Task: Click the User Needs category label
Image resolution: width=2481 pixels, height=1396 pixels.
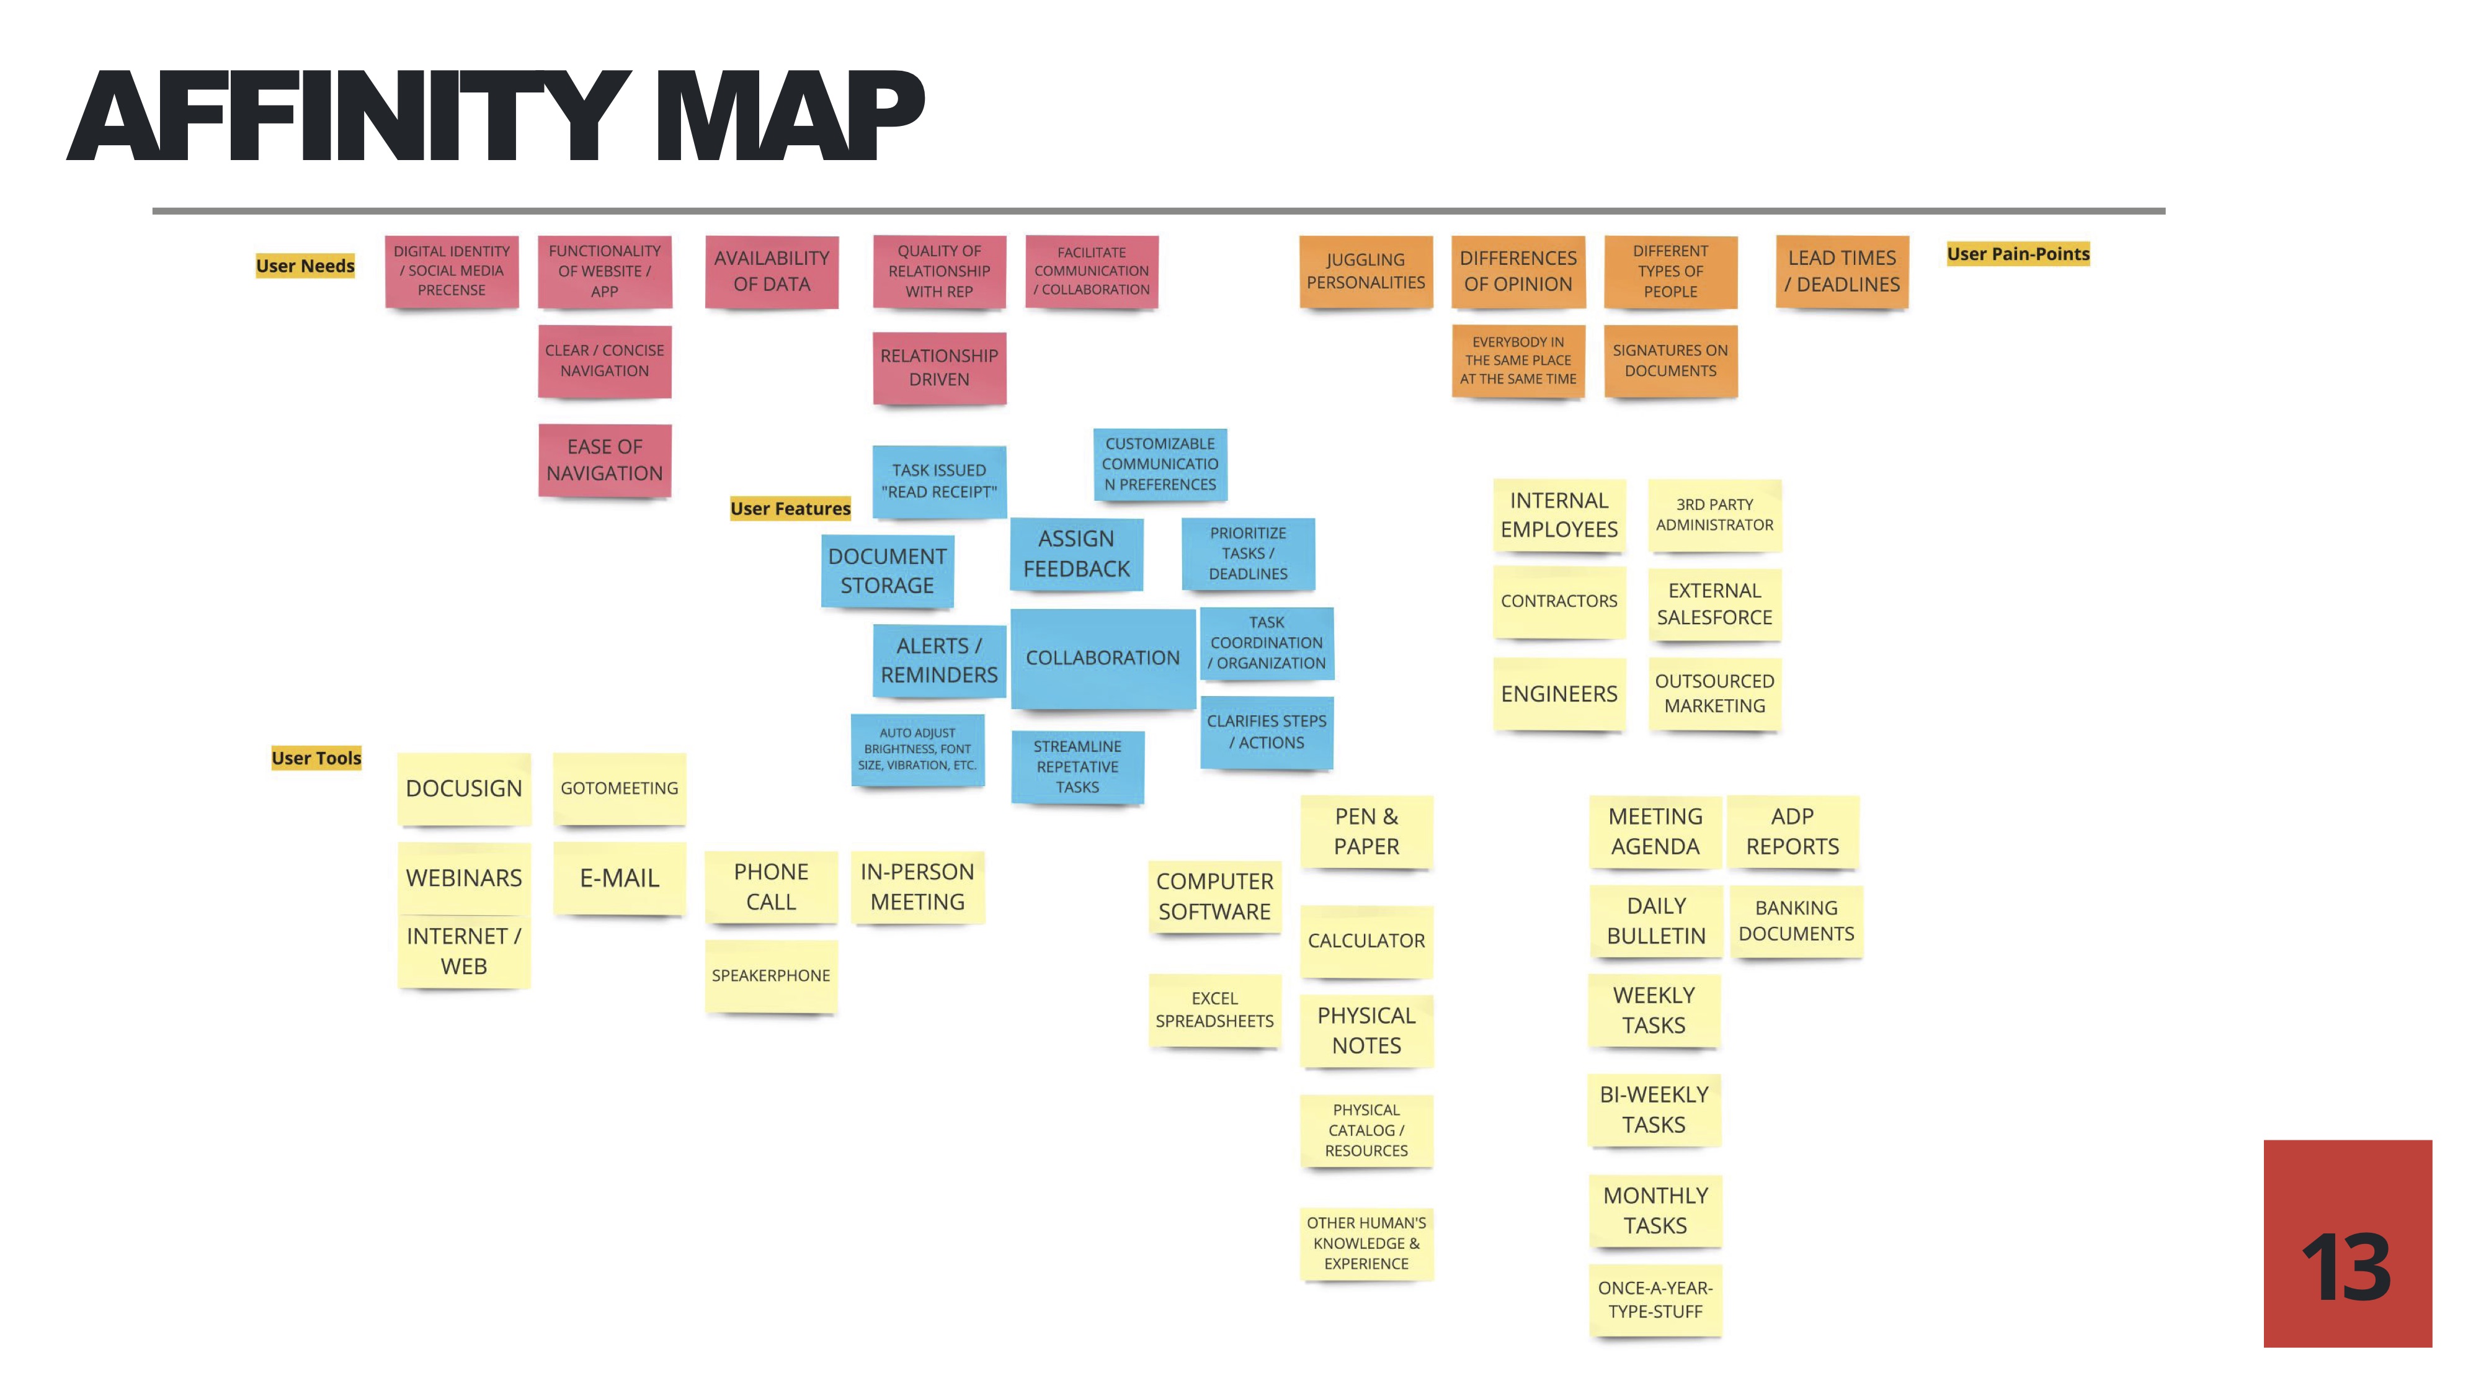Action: pyautogui.click(x=305, y=266)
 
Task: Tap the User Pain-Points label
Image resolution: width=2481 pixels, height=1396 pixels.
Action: pyautogui.click(x=2018, y=254)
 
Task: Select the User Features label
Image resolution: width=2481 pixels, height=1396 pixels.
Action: pyautogui.click(x=790, y=509)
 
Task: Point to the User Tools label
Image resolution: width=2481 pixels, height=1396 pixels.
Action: pyautogui.click(x=316, y=758)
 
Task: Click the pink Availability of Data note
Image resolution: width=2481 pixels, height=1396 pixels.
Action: pyautogui.click(x=772, y=272)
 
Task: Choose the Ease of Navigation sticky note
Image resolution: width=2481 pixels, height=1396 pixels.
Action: pyautogui.click(x=604, y=460)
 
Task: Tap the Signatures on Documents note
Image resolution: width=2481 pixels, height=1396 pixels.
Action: pyautogui.click(x=1670, y=361)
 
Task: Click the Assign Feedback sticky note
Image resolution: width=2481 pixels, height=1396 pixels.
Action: pyautogui.click(x=1076, y=554)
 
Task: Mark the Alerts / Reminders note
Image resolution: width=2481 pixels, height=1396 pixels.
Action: pyautogui.click(x=939, y=660)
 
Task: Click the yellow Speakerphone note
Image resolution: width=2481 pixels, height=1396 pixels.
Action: pyautogui.click(x=770, y=976)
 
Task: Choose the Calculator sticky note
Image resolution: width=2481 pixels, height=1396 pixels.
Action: pyautogui.click(x=1366, y=941)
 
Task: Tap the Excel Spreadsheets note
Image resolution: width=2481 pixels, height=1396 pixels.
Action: pyautogui.click(x=1214, y=1009)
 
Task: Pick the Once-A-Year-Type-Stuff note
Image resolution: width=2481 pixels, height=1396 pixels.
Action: pyautogui.click(x=1655, y=1300)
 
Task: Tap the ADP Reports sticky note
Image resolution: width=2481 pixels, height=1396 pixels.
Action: pyautogui.click(x=1793, y=831)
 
